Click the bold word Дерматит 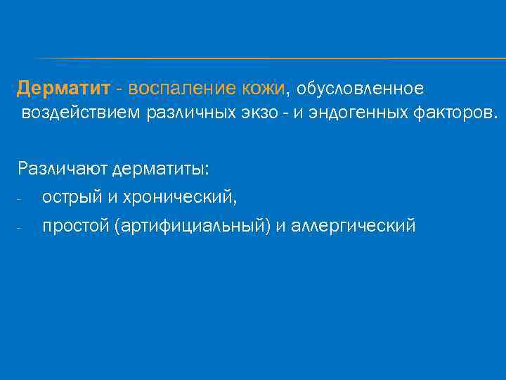coord(64,89)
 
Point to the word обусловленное coord(360,89)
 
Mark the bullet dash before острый coord(20,199)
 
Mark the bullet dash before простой coord(20,227)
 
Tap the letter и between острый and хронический coord(112,198)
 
